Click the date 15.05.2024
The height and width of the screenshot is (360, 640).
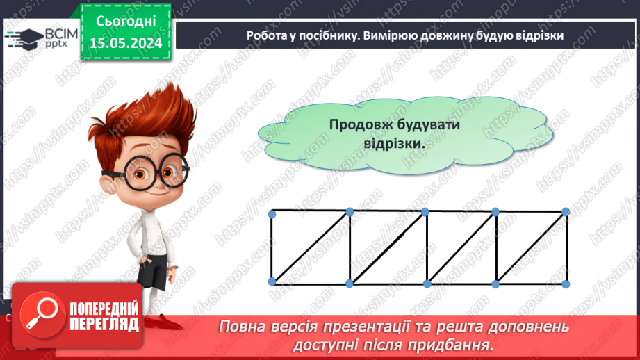pos(125,42)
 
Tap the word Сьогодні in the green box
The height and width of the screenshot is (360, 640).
pos(125,22)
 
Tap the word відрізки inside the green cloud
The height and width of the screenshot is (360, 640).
pos(393,144)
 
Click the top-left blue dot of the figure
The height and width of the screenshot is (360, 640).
pos(272,213)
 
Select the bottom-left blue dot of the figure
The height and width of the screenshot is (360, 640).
pos(272,281)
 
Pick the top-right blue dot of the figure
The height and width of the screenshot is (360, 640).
pos(566,211)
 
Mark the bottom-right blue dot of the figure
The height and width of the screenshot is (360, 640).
pos(566,284)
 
